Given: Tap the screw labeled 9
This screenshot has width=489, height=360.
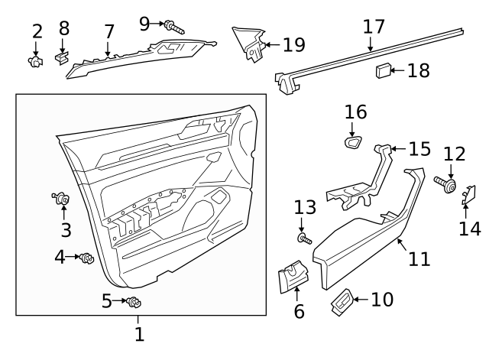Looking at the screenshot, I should (x=175, y=29).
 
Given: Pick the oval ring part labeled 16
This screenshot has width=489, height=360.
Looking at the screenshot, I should (x=355, y=141).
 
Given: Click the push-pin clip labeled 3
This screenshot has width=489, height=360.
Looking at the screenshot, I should (x=62, y=200).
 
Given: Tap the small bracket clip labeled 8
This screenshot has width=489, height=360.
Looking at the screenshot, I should (x=63, y=57).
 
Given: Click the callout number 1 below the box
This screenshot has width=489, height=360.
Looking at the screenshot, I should (x=139, y=335).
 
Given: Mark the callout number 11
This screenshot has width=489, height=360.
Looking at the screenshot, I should (x=419, y=259).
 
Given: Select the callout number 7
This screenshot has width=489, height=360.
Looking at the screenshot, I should (x=109, y=32).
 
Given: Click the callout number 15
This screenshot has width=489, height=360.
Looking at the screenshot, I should (x=419, y=149).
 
